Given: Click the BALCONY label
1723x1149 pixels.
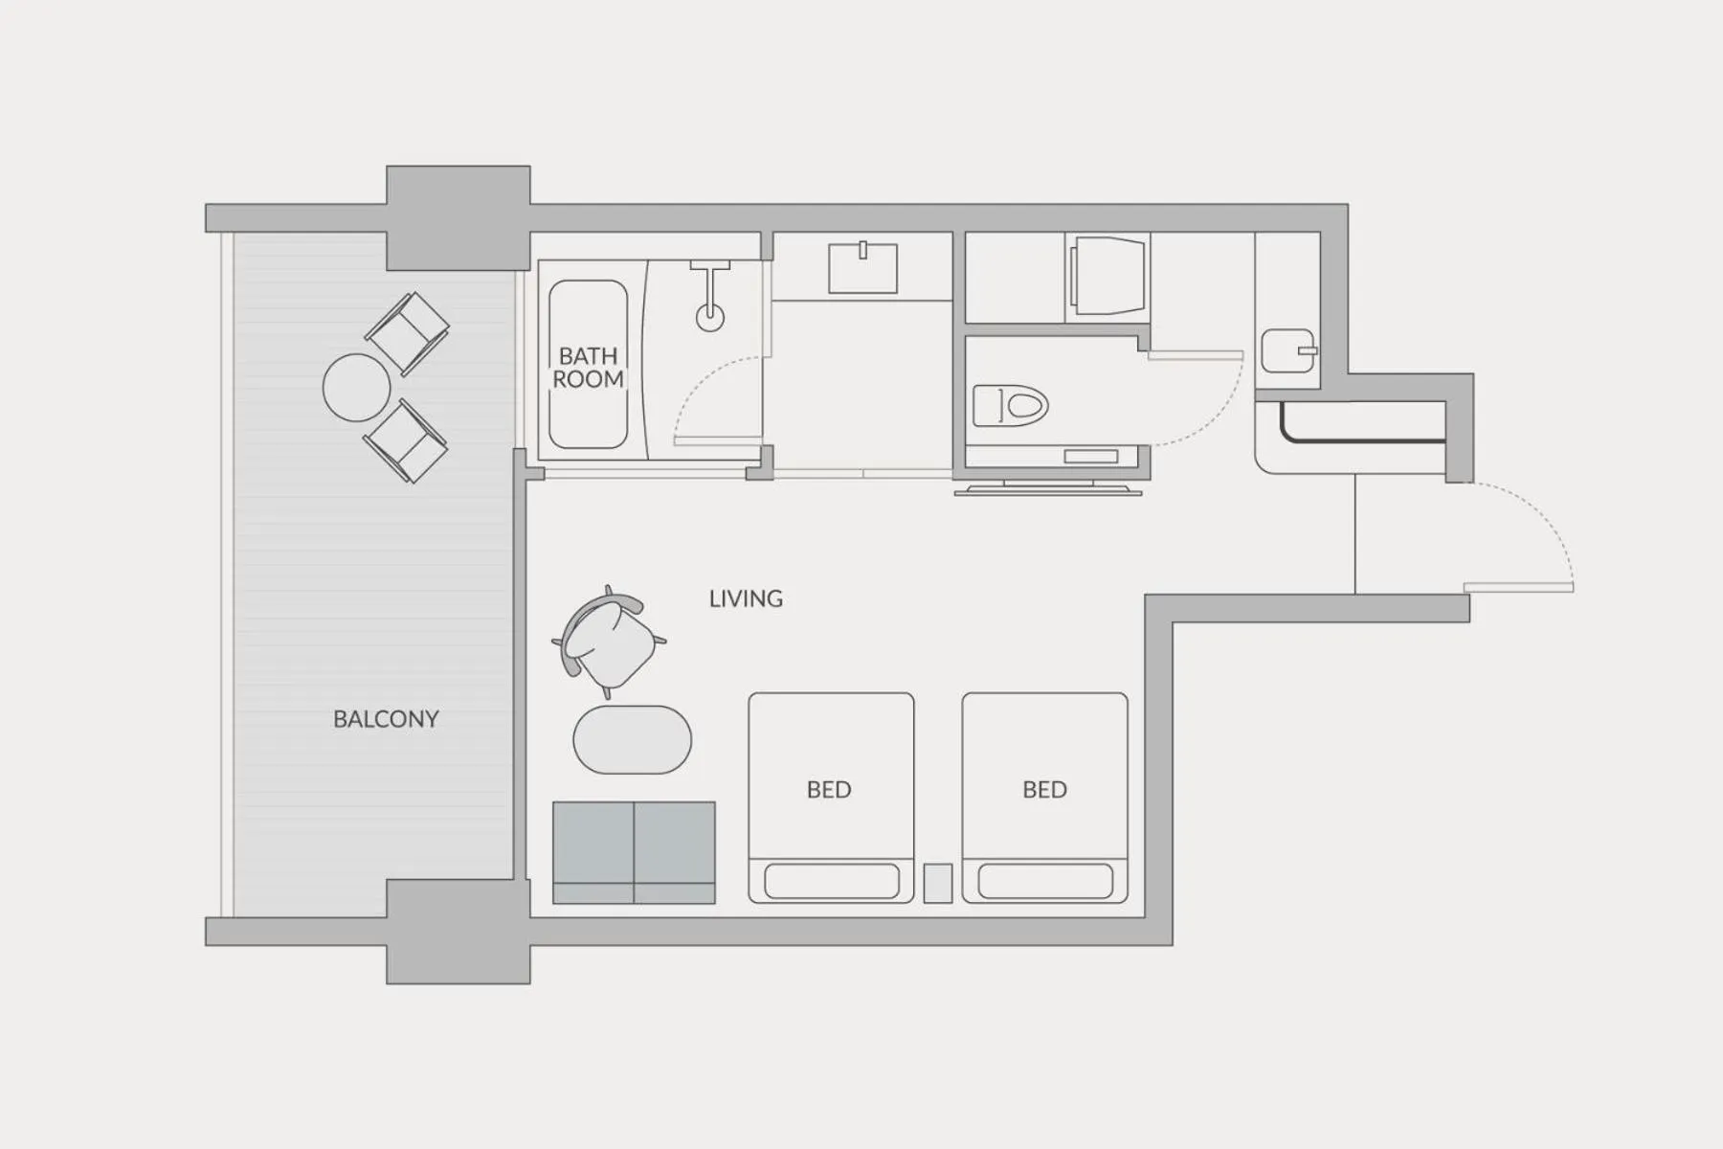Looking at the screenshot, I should tap(386, 719).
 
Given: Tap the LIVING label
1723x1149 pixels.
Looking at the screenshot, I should tap(746, 599).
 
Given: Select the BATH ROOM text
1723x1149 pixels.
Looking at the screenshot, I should tap(588, 368).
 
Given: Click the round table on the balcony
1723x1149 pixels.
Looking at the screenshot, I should tap(356, 388).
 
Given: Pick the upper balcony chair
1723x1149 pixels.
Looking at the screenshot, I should tap(408, 332).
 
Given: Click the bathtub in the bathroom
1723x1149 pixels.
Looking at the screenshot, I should tap(588, 364).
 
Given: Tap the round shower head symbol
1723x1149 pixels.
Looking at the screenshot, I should tap(709, 317).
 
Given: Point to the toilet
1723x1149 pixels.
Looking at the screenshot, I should tap(1010, 405).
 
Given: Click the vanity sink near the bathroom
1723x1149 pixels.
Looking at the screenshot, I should tap(862, 268).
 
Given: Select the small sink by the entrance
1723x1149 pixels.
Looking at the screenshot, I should tap(1288, 350).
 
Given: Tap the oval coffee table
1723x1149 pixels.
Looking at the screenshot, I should tap(632, 740).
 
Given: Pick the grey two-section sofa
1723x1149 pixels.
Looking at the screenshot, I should tap(634, 852).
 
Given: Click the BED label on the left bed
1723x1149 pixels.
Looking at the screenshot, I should tap(829, 790).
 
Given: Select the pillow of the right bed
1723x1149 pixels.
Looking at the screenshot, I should tap(1045, 881).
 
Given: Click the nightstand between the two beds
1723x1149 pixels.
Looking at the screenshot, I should tap(938, 883).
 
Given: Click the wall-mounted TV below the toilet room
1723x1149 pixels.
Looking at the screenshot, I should tap(1048, 489).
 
